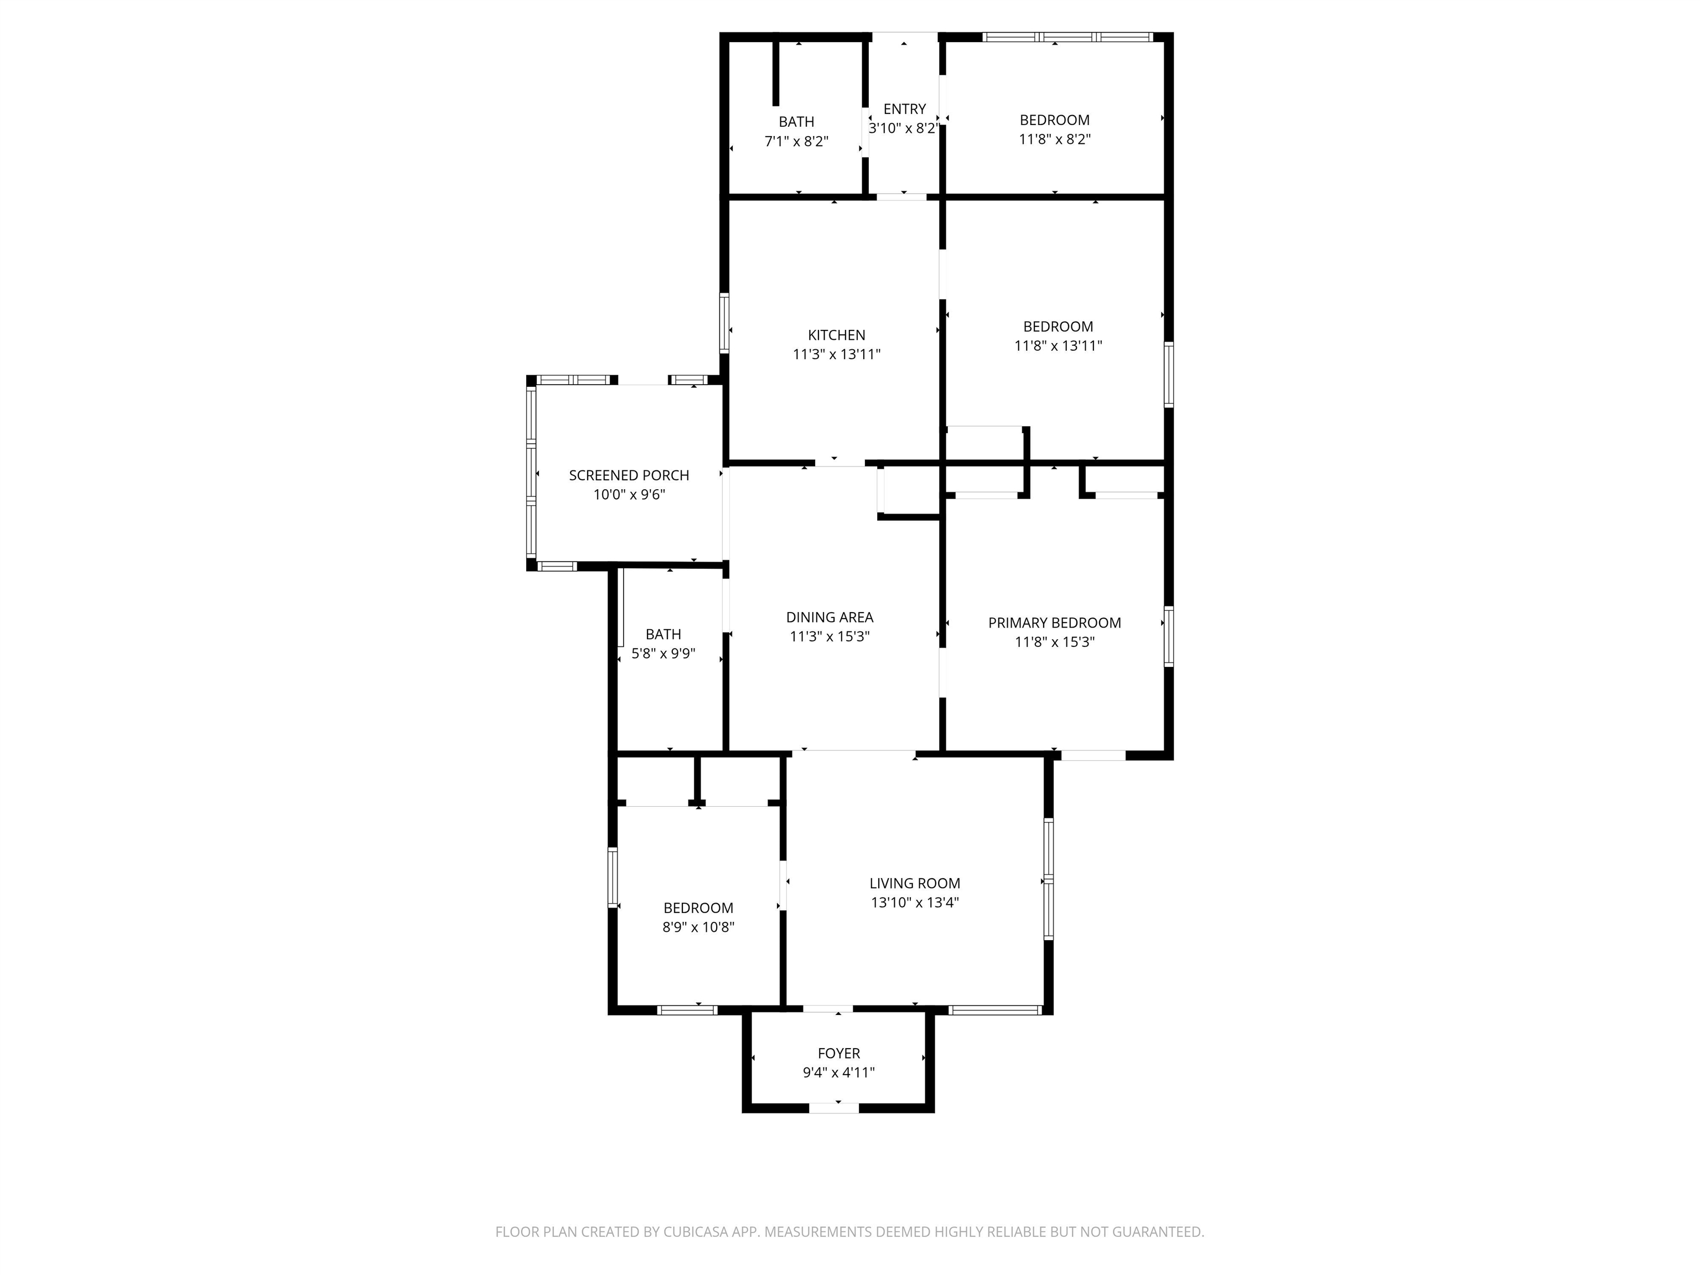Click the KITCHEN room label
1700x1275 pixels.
836,335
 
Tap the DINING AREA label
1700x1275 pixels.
830,617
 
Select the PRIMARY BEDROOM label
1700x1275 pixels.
1054,623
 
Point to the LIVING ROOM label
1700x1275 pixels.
915,883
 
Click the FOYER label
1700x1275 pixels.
838,1053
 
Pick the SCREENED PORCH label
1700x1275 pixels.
629,475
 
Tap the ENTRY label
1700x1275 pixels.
905,109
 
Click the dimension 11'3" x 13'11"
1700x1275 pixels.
836,354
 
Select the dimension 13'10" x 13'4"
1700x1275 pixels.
915,902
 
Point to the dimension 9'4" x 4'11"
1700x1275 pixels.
838,1072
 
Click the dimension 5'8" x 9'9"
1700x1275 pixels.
664,653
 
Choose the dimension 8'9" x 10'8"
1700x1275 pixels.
698,927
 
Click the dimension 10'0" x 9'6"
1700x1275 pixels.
629,494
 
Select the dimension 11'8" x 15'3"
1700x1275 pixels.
1054,642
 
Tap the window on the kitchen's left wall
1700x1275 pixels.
724,324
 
